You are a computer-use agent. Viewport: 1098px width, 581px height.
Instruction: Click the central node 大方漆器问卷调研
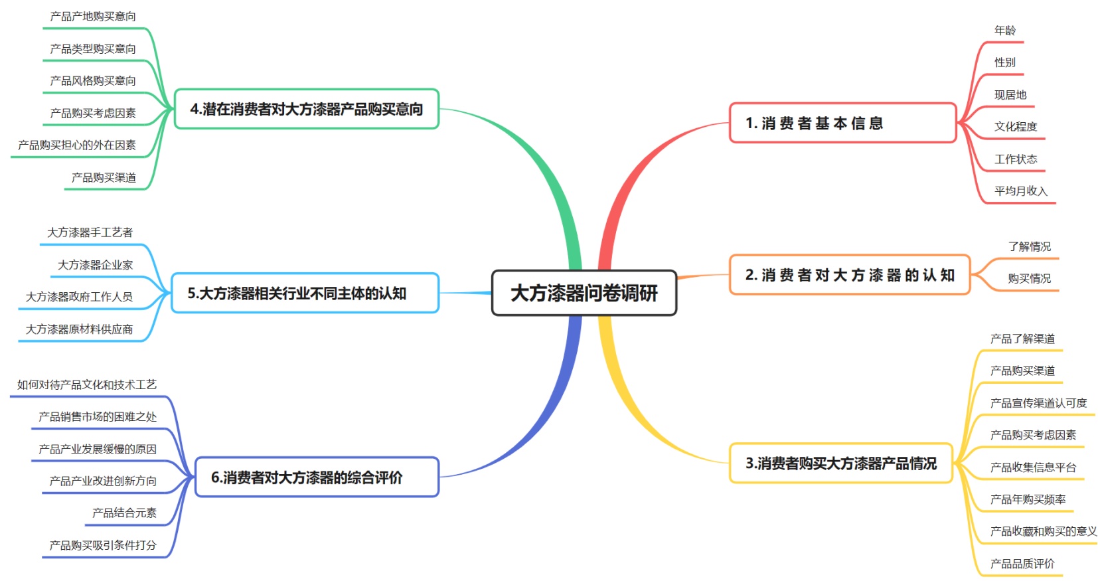coord(584,293)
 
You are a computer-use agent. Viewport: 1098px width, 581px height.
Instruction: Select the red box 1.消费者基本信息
coord(842,123)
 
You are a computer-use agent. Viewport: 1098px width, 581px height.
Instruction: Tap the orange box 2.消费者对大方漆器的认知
coord(849,275)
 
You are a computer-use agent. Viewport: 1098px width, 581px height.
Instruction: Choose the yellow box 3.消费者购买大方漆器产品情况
coord(840,463)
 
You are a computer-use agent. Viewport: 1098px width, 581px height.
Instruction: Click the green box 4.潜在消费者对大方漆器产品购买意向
coord(306,109)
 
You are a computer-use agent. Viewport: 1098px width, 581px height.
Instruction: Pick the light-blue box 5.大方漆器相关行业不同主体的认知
coord(305,293)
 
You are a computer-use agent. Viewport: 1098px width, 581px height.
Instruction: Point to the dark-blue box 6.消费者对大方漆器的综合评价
coord(317,477)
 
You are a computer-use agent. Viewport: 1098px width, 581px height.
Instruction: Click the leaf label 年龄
coord(1004,31)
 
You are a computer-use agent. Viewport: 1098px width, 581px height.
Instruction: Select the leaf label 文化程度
coord(1015,127)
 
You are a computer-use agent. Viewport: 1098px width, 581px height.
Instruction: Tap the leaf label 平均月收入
coord(1020,191)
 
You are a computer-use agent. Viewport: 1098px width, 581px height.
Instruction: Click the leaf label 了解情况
coord(1029,247)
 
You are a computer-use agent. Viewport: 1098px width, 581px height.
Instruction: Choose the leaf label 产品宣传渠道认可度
coord(1038,403)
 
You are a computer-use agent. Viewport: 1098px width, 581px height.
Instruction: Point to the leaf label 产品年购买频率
coord(1028,499)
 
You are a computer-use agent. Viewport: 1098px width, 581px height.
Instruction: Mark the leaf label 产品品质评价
coord(1022,564)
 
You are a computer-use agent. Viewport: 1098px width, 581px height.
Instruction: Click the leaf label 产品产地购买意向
coord(93,17)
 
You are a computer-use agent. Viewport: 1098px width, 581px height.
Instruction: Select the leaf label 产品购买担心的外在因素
coord(77,145)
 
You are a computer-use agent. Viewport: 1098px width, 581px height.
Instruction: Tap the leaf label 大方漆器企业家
coord(95,265)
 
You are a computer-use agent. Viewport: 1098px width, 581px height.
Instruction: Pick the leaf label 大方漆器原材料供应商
coord(79,329)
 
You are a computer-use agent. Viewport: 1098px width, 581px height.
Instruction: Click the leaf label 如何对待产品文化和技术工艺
coord(87,385)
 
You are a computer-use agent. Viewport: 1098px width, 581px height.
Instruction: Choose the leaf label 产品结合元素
coord(124,513)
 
